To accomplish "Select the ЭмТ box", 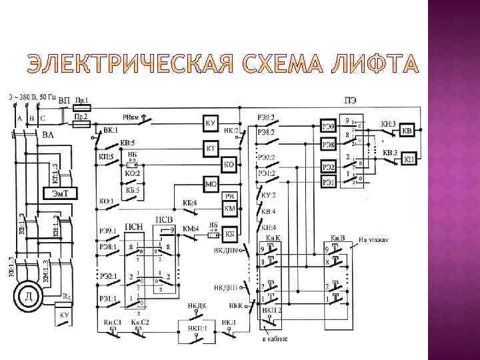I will pos(61,193).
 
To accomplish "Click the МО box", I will pos(211,182).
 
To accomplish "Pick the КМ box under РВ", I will pos(230,209).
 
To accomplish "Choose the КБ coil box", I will pos(230,234).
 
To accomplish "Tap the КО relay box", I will pos(228,163).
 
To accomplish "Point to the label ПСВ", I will pos(165,219).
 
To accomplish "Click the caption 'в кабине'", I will pos(275,339).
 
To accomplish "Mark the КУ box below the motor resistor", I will pos(64,315).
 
